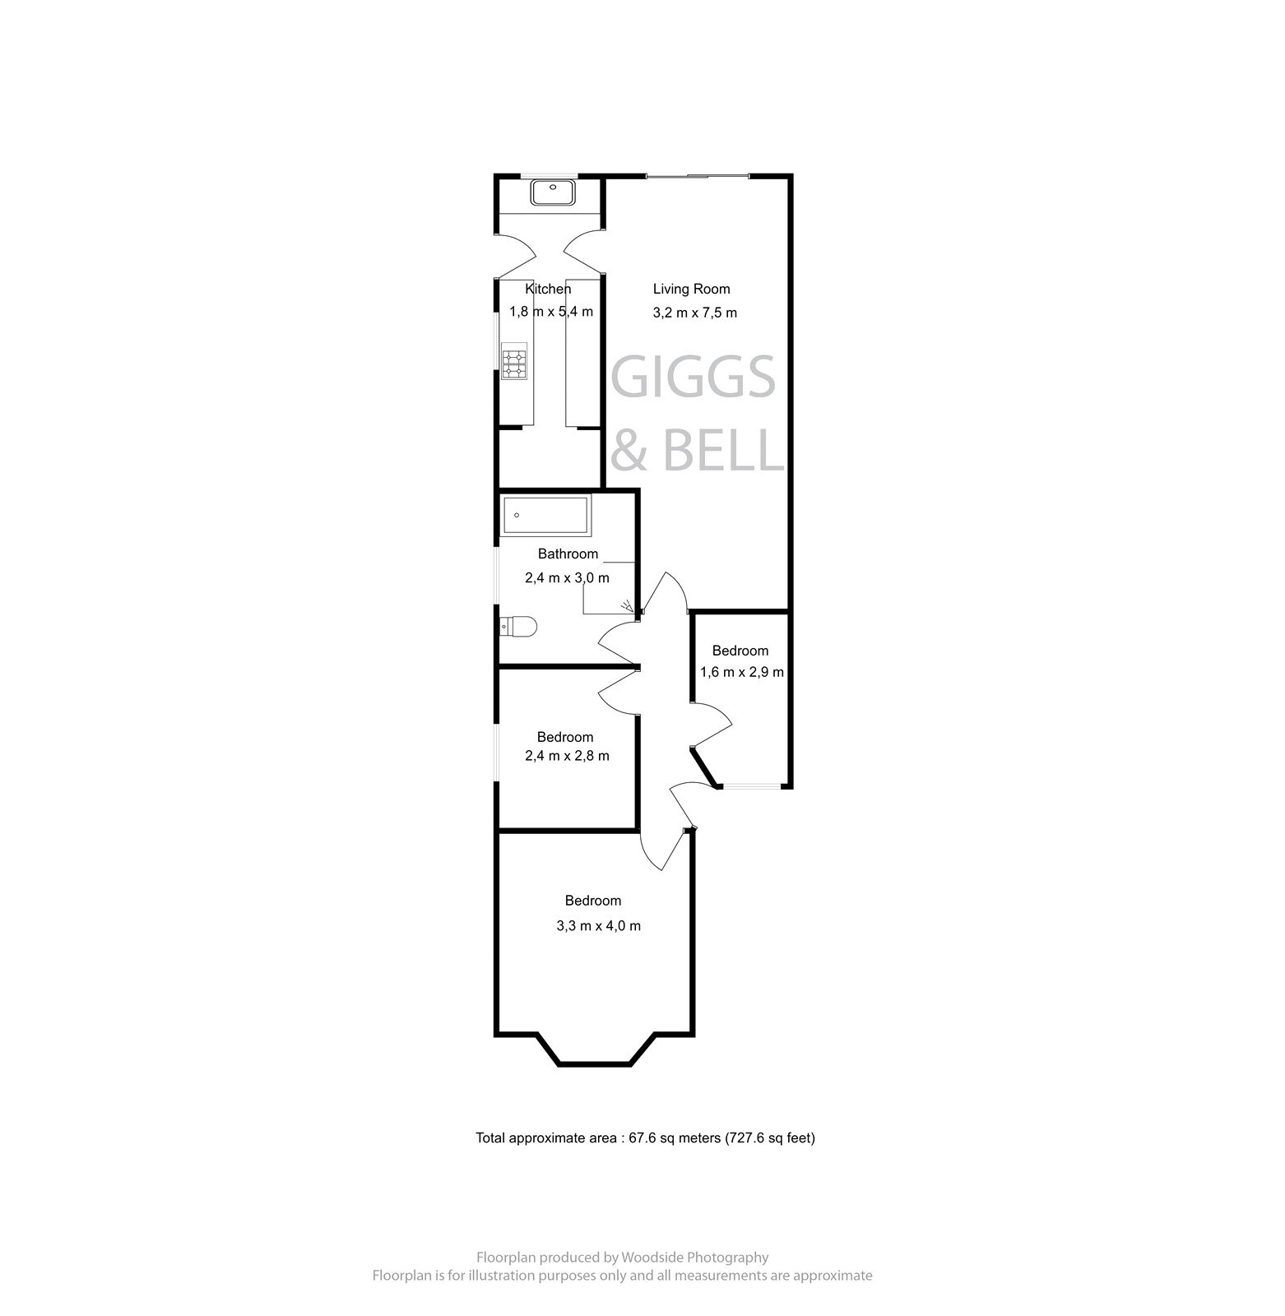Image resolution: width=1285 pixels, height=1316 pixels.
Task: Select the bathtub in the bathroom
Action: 545,516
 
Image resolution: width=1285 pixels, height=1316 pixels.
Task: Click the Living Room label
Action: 691,289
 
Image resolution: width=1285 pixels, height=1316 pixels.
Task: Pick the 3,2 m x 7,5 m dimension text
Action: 694,313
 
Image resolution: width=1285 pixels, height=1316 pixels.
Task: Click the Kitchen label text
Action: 548,289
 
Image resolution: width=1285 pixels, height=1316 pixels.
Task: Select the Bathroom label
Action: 568,554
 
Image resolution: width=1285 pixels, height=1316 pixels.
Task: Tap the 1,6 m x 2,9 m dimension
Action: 741,672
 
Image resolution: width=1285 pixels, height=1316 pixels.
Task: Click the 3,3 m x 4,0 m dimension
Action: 598,925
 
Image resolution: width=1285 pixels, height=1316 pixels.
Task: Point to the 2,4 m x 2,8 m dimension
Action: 567,756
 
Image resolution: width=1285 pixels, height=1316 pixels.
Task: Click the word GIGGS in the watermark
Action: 694,378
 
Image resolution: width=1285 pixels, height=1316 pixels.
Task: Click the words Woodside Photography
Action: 695,1257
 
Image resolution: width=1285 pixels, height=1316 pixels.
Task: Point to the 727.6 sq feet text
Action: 770,1138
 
